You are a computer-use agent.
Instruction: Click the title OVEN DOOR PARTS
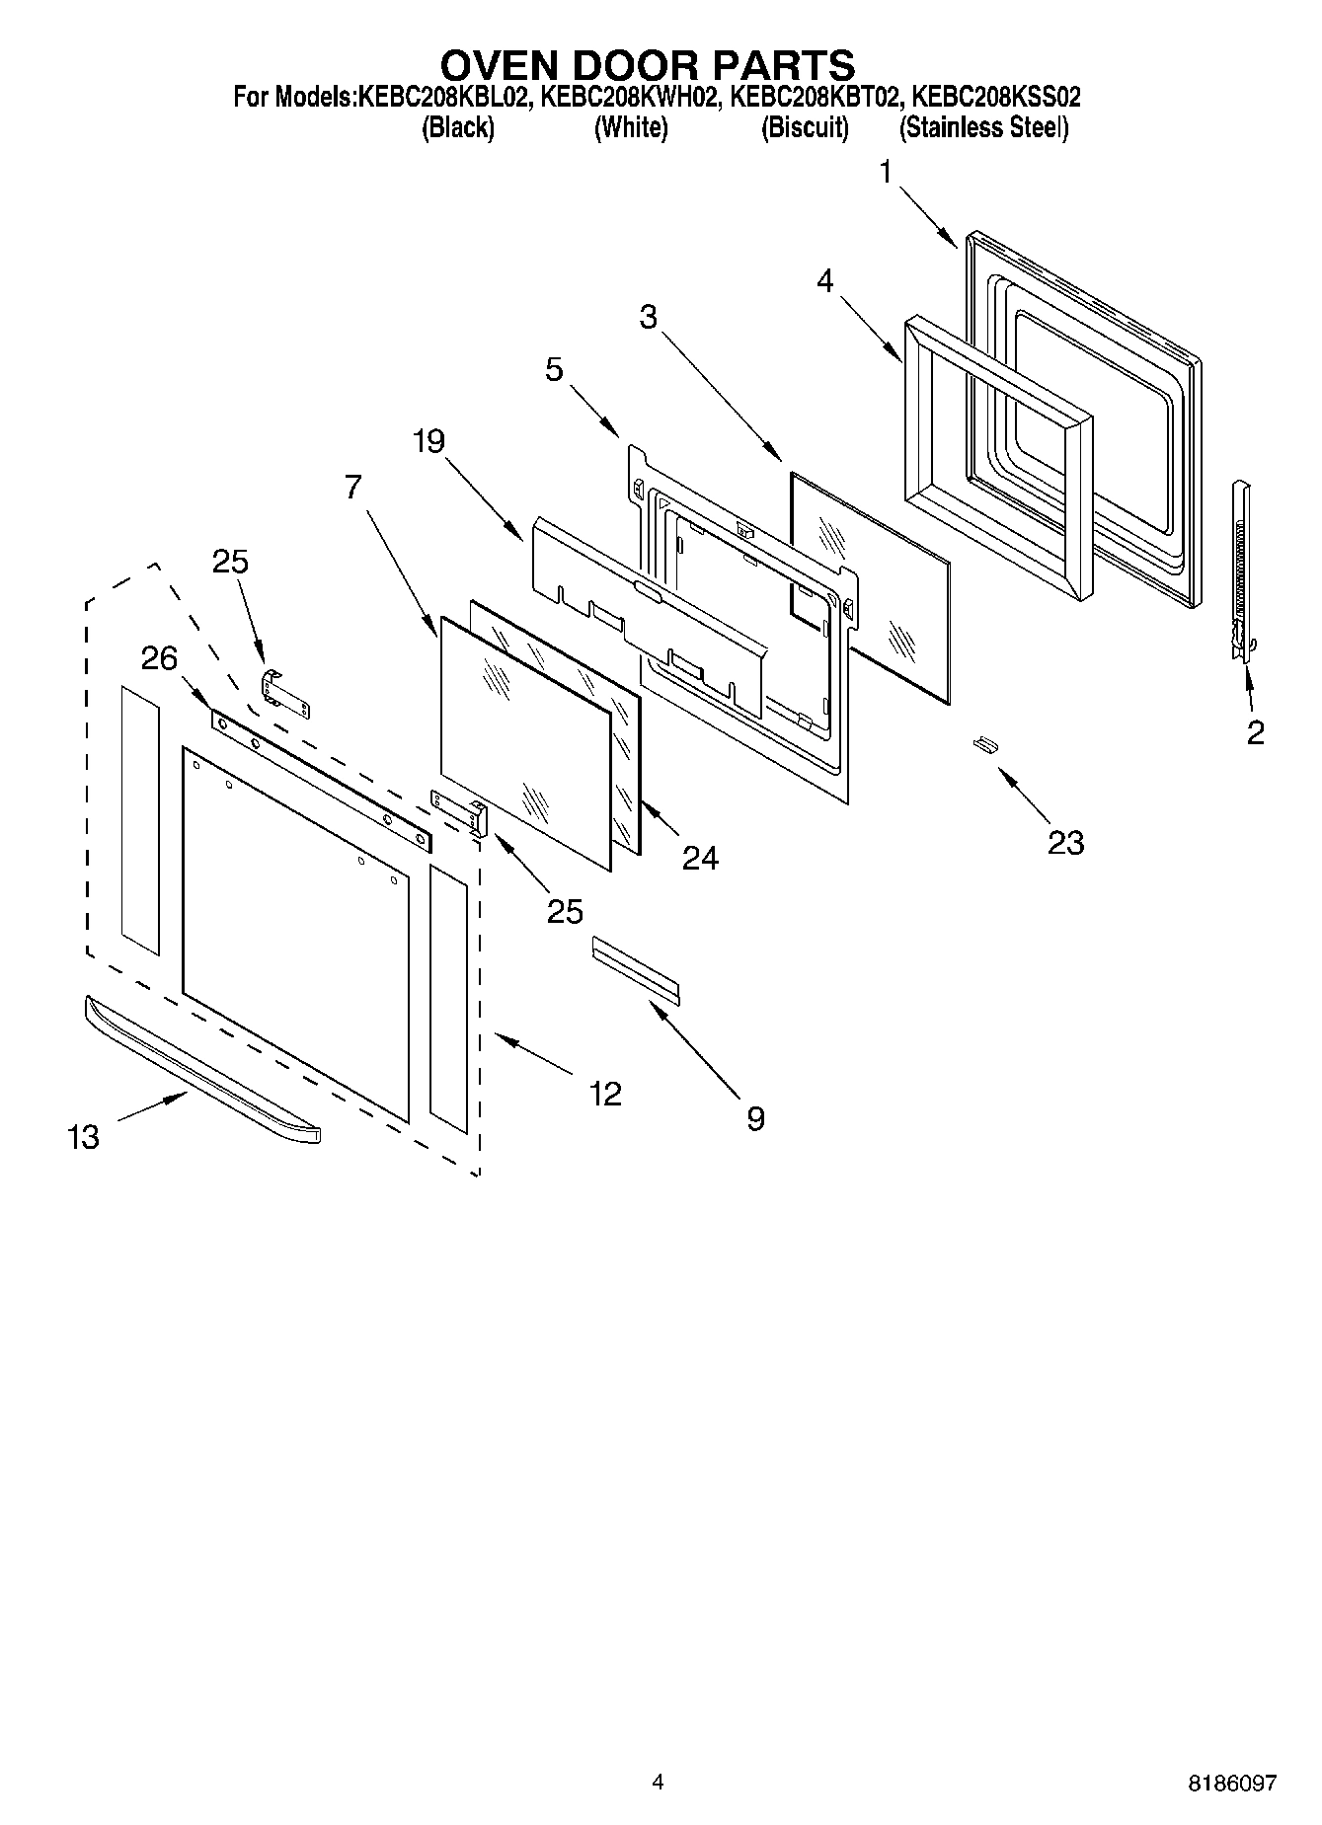(647, 65)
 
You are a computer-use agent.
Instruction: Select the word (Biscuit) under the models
(805, 127)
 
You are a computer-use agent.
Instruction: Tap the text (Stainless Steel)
(983, 127)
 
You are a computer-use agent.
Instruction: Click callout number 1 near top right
(886, 174)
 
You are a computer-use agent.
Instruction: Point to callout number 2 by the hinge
(1255, 732)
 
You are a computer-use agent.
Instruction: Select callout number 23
(1065, 842)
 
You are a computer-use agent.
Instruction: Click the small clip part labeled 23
(984, 743)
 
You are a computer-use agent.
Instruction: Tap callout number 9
(755, 1118)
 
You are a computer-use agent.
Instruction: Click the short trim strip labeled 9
(636, 970)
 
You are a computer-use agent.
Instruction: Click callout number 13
(84, 1137)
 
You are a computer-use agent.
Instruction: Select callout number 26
(159, 658)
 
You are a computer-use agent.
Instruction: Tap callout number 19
(428, 441)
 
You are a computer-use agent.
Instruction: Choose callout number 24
(700, 858)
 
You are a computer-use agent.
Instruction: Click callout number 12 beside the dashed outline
(605, 1093)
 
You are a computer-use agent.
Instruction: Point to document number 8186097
(1231, 1783)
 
